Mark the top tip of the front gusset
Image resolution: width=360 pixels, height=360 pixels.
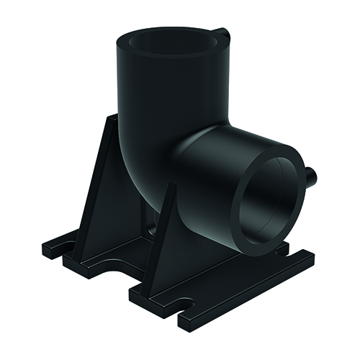(172, 189)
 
